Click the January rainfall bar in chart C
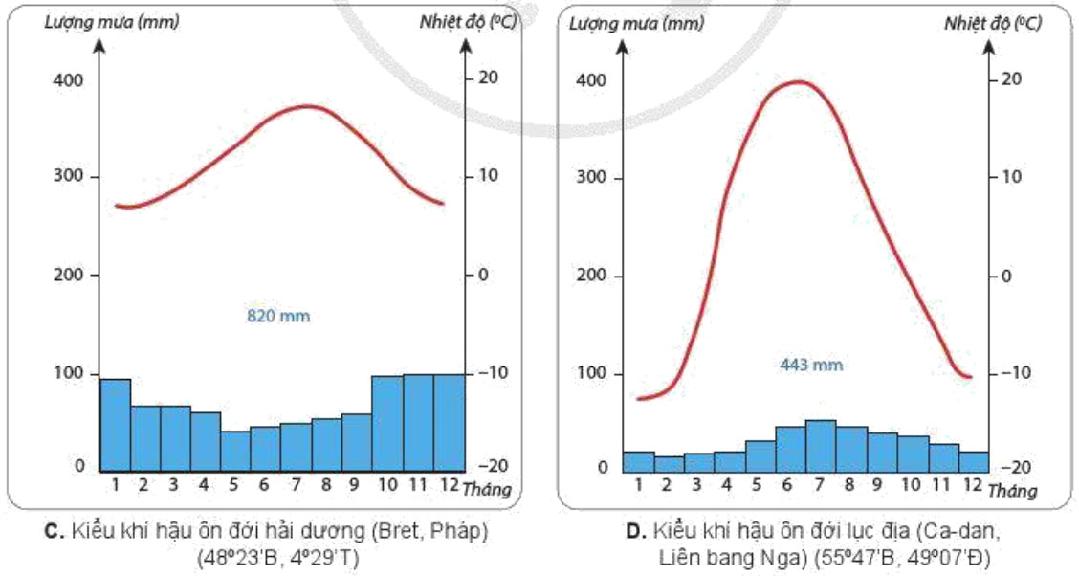115,424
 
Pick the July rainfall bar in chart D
821,446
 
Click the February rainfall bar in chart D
669,464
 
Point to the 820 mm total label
279,315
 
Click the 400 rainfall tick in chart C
70,80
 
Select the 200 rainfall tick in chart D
593,276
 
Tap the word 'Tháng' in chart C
487,491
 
